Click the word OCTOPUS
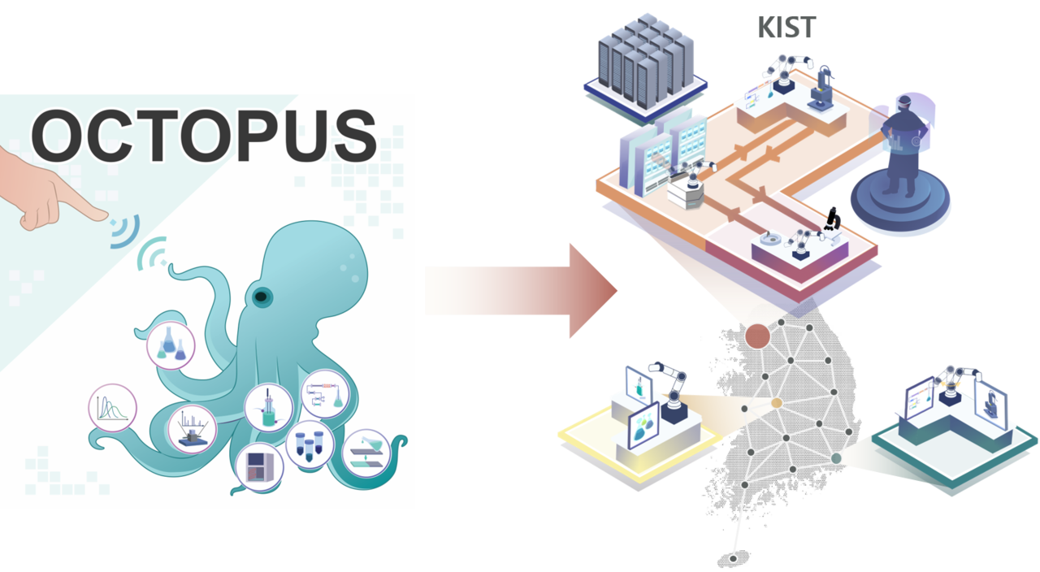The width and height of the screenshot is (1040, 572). coord(204,136)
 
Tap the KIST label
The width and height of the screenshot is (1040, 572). coord(786,28)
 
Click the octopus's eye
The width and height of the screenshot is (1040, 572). coord(261,297)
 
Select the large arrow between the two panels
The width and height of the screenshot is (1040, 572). coord(520,290)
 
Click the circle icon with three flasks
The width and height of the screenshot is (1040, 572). coord(170,344)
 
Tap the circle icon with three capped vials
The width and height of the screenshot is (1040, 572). coord(312,444)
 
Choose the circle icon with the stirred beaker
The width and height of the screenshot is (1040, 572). coord(268,407)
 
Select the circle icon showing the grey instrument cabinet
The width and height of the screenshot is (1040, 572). coord(259,468)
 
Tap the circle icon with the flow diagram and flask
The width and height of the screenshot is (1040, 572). coord(324,394)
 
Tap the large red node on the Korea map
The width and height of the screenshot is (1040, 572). coord(757,335)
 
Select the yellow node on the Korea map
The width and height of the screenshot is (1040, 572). coord(776,403)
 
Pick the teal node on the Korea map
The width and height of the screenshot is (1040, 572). coord(836,459)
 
